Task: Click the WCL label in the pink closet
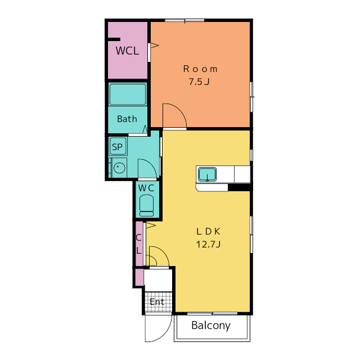(x=127, y=51)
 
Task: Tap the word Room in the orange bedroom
(x=200, y=69)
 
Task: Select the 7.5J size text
(x=199, y=82)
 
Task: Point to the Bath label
(x=127, y=119)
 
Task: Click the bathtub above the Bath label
(x=128, y=94)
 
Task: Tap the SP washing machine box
(x=118, y=146)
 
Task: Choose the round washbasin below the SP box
(x=119, y=168)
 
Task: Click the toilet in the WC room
(x=146, y=205)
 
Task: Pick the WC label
(x=146, y=188)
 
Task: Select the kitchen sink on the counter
(x=208, y=174)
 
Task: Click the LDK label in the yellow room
(x=208, y=231)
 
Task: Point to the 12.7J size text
(x=208, y=244)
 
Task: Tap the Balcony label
(x=211, y=326)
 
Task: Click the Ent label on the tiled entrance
(x=157, y=301)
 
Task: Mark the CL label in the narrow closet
(x=139, y=244)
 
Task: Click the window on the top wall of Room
(x=184, y=20)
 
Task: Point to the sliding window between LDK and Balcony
(x=213, y=313)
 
